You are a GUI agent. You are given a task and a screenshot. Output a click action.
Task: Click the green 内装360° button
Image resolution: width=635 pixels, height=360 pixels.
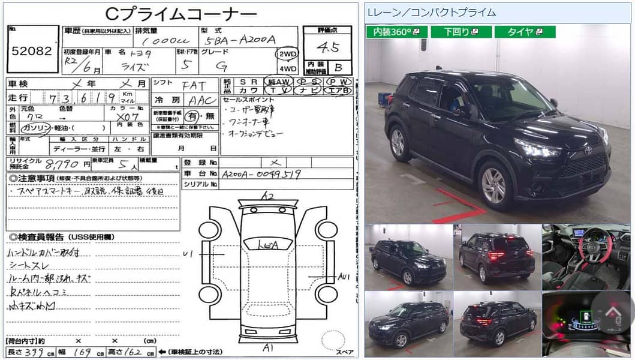396,32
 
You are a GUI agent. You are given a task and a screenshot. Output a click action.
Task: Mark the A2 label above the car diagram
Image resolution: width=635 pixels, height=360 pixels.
267,196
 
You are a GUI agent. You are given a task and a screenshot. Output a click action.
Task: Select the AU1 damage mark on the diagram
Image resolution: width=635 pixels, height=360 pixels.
344,276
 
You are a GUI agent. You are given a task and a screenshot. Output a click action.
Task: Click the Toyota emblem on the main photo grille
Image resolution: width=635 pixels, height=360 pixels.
588,151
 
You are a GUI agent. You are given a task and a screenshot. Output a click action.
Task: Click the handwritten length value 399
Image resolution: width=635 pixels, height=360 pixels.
37,352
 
